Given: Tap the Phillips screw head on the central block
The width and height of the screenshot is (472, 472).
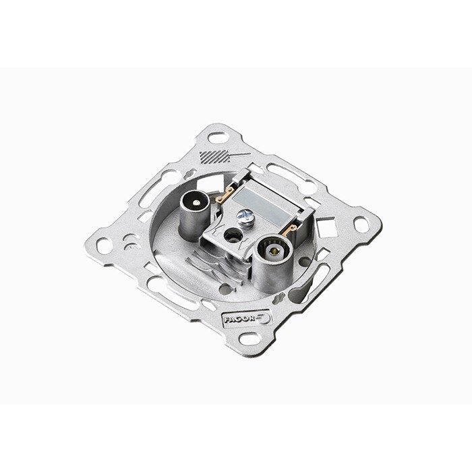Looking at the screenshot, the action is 245,215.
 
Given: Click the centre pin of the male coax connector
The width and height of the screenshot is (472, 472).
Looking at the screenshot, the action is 197,203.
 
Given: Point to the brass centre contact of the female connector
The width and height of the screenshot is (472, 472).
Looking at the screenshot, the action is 274,251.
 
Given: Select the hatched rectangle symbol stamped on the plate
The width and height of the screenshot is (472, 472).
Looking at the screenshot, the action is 214,157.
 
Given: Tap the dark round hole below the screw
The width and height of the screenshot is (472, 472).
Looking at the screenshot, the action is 233,233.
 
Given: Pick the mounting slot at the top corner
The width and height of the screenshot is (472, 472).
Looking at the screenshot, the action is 216,138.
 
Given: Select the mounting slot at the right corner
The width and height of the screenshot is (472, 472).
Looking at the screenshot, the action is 361,225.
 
